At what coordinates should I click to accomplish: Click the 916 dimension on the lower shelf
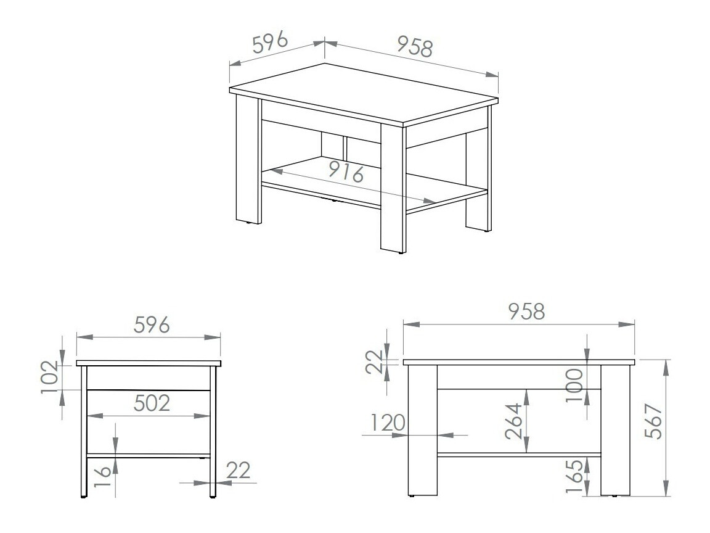(345, 171)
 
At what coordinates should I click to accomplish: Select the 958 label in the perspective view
(414, 47)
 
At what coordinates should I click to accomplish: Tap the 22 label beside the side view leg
(239, 471)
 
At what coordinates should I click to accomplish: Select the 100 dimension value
(575, 386)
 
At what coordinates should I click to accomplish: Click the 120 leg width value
(388, 423)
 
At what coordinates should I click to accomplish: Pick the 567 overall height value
(655, 423)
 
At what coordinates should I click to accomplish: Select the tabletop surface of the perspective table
(364, 93)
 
